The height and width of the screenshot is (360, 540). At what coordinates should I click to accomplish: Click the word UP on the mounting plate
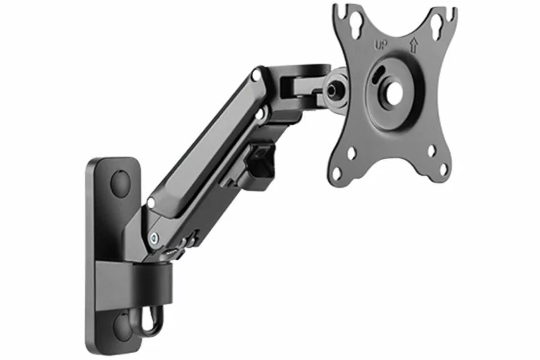click(381, 45)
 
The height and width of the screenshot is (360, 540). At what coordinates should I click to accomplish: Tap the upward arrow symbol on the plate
click(413, 45)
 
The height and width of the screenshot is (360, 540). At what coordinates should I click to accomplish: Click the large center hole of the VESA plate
click(392, 92)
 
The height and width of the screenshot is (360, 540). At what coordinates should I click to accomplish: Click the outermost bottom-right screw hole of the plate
click(443, 169)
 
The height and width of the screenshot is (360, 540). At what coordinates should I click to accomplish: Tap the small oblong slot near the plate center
click(379, 74)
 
